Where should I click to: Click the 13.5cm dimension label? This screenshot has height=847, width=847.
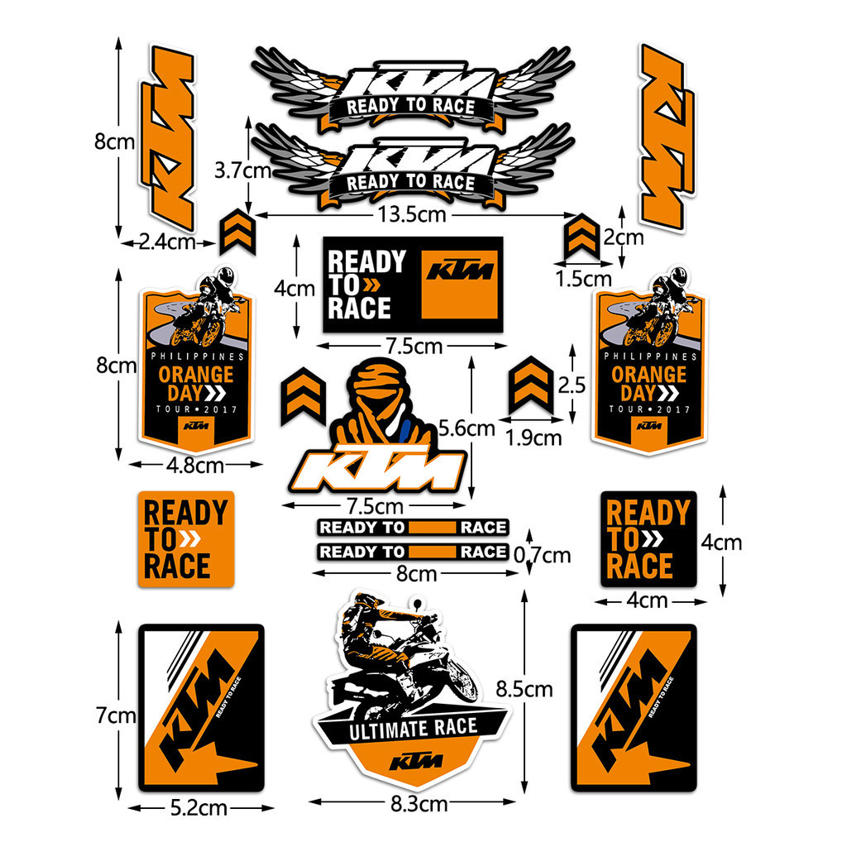point(412,214)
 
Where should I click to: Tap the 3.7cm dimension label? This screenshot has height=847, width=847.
point(242,170)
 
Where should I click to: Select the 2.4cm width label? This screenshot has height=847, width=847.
point(167,242)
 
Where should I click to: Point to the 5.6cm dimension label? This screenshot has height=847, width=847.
point(467,428)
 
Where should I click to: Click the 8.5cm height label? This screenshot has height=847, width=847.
point(524,689)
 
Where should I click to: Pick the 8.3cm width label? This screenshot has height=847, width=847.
point(419,804)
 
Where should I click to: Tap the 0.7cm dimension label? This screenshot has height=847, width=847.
point(542,555)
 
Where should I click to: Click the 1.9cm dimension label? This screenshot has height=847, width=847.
point(534,438)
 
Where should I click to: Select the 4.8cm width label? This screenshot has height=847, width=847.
point(195,465)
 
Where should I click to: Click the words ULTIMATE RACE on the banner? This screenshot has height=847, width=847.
point(414,730)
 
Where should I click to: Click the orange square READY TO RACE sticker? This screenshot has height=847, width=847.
point(186,539)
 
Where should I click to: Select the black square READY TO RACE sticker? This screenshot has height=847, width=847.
point(648,539)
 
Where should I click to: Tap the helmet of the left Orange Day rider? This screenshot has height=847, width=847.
point(225,277)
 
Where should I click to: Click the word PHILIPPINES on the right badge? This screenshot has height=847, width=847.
point(651,357)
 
